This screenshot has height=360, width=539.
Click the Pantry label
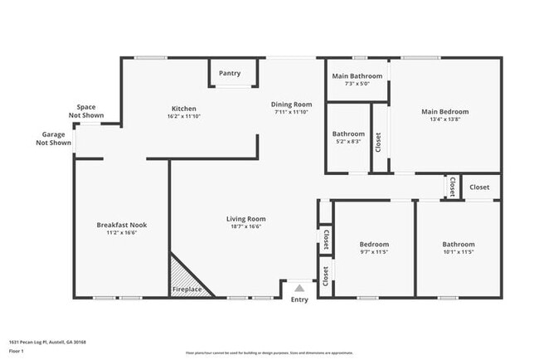point(230,73)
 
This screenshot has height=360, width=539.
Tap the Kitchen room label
point(183,109)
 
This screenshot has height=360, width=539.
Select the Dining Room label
point(291,105)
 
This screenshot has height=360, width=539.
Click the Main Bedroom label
point(444,111)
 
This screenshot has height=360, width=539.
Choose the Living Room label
point(245,219)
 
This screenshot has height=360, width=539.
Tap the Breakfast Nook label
point(121,225)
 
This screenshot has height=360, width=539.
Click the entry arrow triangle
point(299,287)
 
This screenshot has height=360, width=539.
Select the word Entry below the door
point(299,299)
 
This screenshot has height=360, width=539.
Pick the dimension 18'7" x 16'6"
point(245,226)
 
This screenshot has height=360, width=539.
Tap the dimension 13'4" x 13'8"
point(444,119)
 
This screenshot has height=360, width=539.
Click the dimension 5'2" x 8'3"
point(348,141)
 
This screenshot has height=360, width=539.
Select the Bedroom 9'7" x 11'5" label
point(374,247)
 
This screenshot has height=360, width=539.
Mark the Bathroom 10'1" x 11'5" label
point(458,247)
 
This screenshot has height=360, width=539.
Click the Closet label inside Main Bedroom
point(379,143)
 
